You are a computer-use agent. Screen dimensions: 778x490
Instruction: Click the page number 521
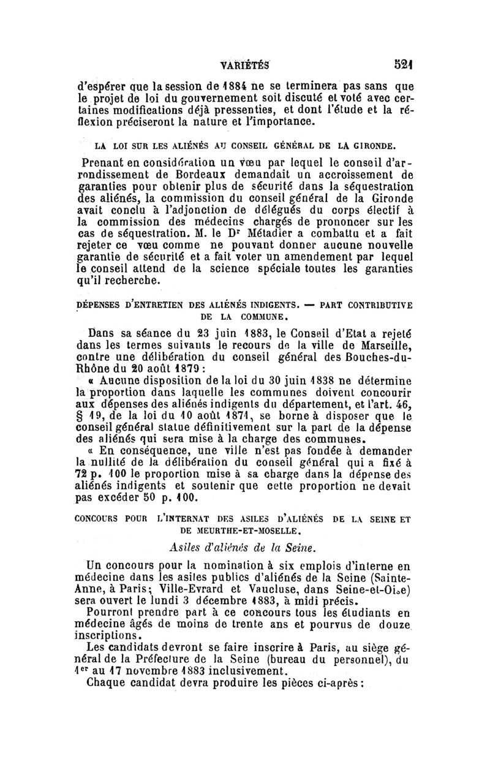pos(402,63)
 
